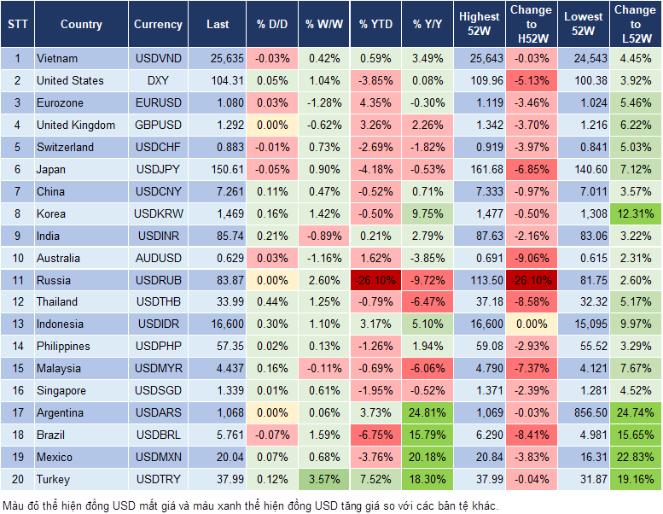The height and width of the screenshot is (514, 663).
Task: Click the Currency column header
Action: tap(158, 25)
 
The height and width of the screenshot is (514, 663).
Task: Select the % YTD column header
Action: tap(375, 25)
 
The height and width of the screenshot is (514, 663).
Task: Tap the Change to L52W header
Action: tap(636, 25)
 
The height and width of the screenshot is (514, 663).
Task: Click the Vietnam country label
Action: tap(57, 59)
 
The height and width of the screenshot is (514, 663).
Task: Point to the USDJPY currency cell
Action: tap(158, 169)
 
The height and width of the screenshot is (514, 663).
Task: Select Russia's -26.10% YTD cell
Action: tap(375, 280)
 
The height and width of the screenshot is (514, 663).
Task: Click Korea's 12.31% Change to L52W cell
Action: tap(636, 213)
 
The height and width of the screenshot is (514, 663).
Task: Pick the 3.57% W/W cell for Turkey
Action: tap(323, 479)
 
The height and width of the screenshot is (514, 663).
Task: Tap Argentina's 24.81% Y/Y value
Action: tap(428, 412)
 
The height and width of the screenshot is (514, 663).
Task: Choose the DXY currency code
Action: tap(158, 81)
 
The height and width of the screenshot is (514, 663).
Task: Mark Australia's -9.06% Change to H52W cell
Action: tap(531, 258)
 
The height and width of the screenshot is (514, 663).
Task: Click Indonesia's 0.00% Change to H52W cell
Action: tap(531, 324)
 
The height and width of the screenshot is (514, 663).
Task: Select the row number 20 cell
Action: tap(17, 479)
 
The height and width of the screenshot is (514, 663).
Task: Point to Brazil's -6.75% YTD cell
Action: tap(375, 435)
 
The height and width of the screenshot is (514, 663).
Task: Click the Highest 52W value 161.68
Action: tap(480, 169)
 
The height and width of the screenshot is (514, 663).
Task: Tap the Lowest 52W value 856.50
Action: tap(584, 412)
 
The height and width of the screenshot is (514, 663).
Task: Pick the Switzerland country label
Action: tap(66, 147)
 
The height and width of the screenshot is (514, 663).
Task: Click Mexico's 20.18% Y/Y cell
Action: tap(428, 457)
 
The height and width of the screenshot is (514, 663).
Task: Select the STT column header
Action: tap(17, 25)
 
